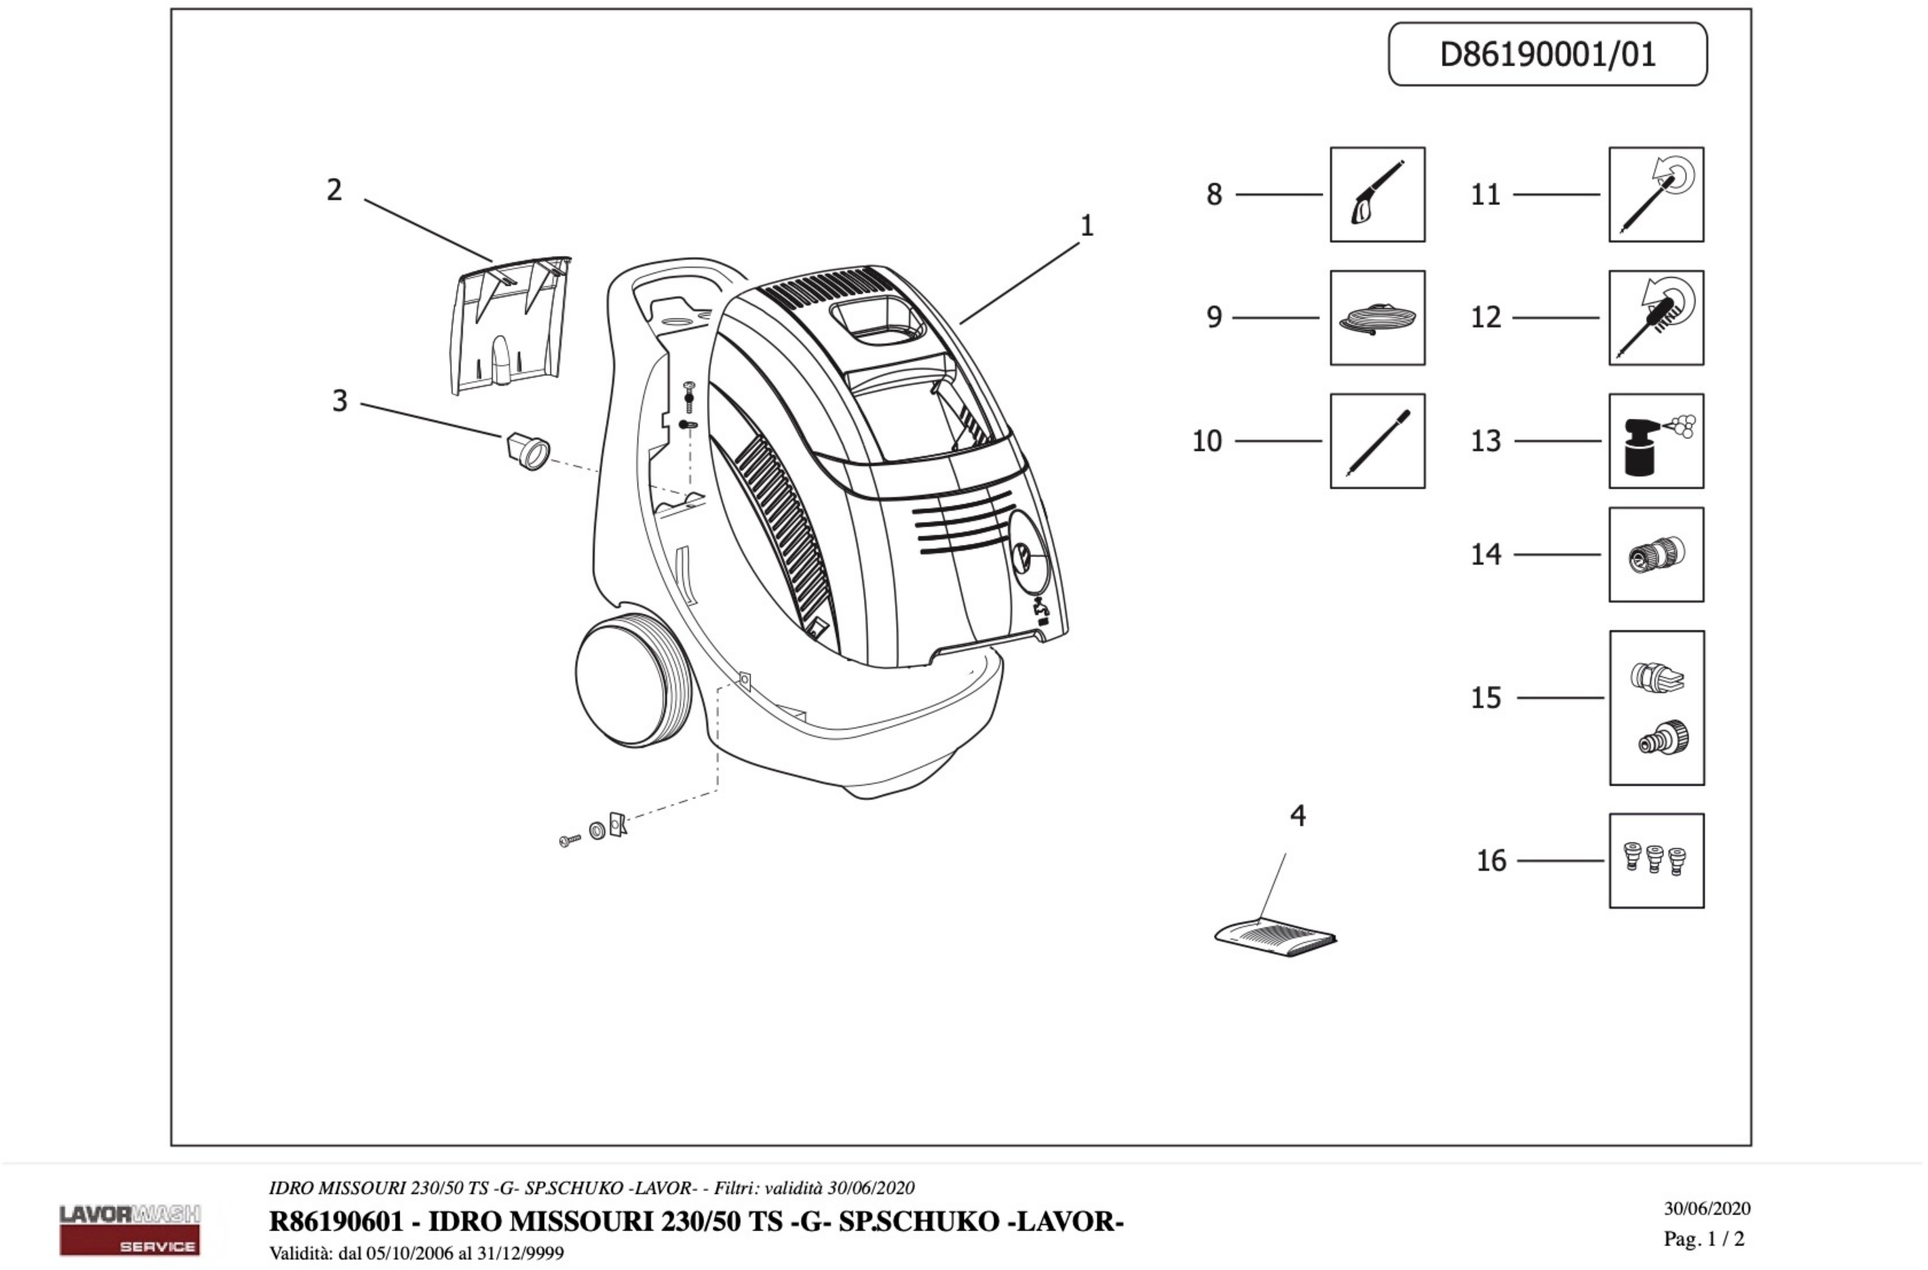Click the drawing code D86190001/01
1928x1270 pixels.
point(1547,54)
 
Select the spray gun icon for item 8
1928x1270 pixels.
point(1377,194)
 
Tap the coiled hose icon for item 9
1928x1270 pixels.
point(1377,317)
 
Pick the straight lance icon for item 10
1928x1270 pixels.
point(1377,441)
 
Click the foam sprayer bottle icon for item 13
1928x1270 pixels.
point(1656,441)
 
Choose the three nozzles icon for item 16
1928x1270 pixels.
point(1656,860)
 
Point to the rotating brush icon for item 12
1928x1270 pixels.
point(1656,317)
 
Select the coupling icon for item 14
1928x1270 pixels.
point(1656,555)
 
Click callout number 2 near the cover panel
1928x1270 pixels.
point(334,190)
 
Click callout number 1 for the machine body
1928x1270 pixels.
point(1087,225)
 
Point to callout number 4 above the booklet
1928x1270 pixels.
point(1298,816)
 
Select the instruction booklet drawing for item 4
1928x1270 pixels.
point(1276,938)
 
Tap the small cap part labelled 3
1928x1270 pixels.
point(528,450)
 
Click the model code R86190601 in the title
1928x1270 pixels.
point(336,1221)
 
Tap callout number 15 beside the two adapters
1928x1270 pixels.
point(1486,698)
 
